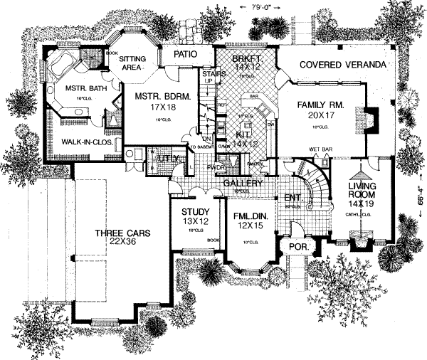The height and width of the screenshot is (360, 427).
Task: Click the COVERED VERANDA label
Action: coord(342,65)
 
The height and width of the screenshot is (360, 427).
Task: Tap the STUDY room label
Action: coord(194,211)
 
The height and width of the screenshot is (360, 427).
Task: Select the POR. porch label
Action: coord(295,247)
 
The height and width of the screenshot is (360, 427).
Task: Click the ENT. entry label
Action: coord(292,198)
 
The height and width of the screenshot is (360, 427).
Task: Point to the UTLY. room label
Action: coord(168,157)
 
